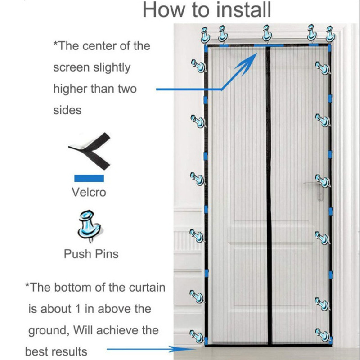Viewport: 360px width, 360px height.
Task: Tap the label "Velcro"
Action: point(89,192)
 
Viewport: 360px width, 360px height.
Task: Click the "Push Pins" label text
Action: point(91,254)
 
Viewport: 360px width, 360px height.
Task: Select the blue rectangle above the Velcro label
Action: point(89,179)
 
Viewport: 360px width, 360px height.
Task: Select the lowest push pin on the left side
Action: point(197,335)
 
